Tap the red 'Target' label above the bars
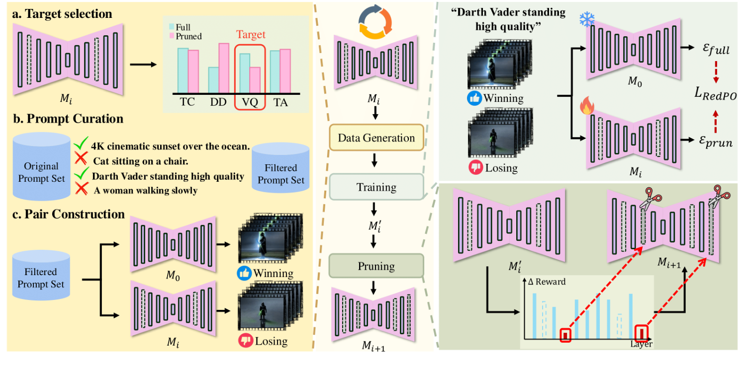coord(250,35)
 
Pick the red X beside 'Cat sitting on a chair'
coord(80,161)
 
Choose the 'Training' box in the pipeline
coord(376,187)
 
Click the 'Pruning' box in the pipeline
coord(376,266)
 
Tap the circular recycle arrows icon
coord(376,24)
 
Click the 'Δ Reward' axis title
coord(547,282)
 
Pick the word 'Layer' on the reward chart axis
coord(641,344)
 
